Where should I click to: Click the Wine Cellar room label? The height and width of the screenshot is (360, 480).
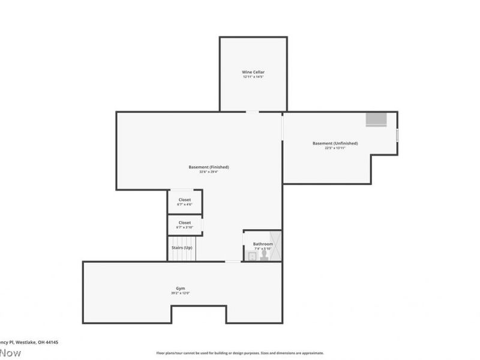[x=253, y=72]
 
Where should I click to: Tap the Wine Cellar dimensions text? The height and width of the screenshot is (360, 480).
[x=253, y=77]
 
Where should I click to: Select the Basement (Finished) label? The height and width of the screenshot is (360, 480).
[x=209, y=167]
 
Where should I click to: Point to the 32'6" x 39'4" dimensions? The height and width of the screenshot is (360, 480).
[x=209, y=172]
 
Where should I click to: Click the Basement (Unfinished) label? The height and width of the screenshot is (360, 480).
[x=335, y=143]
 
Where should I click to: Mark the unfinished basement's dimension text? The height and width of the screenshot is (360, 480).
[x=335, y=148]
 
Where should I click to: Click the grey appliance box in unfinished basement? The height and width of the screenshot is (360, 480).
[x=377, y=119]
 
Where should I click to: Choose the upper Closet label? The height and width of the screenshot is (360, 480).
[x=185, y=200]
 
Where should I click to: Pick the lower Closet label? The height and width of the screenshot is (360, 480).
[x=185, y=223]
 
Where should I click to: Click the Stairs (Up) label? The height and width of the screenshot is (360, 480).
[x=182, y=248]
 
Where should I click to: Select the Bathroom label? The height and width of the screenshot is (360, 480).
[x=263, y=244]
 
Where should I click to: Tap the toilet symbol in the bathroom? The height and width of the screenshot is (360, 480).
[x=263, y=254]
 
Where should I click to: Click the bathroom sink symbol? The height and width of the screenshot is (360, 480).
[x=251, y=256]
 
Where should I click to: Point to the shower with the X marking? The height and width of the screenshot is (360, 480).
[x=275, y=246]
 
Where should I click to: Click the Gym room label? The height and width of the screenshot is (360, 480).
[x=181, y=288]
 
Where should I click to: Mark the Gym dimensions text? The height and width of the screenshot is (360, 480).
[x=181, y=293]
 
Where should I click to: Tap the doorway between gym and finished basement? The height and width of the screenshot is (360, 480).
[x=233, y=261]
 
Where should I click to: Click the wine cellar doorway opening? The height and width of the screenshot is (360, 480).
[x=253, y=112]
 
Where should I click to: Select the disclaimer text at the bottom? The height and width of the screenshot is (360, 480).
[x=240, y=353]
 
